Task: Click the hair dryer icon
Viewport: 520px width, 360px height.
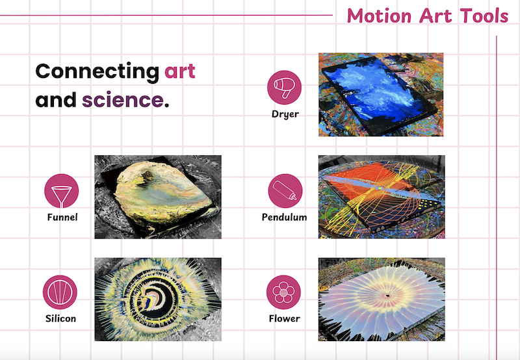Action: click(284, 88)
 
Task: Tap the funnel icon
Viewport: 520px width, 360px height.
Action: click(61, 191)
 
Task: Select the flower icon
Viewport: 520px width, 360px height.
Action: click(283, 292)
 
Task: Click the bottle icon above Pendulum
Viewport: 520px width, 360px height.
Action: click(285, 191)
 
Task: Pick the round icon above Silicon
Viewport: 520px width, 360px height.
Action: click(60, 292)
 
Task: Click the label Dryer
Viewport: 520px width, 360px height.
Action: click(285, 114)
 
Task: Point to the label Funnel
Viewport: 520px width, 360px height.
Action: click(62, 217)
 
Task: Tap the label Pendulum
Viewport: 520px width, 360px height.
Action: click(285, 217)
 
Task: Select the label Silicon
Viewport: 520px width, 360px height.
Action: click(60, 318)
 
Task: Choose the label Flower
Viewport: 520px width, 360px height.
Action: click(285, 318)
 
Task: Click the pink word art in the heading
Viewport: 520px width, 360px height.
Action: click(180, 71)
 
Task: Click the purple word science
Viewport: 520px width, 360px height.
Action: click(123, 100)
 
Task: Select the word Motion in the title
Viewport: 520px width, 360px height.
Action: click(379, 16)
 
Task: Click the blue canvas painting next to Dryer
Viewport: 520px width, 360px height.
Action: click(381, 94)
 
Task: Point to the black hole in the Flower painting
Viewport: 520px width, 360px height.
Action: click(387, 296)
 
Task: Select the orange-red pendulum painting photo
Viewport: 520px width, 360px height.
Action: click(382, 197)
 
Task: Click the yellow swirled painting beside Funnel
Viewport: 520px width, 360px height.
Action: click(158, 197)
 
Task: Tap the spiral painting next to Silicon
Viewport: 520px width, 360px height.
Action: click(158, 300)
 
